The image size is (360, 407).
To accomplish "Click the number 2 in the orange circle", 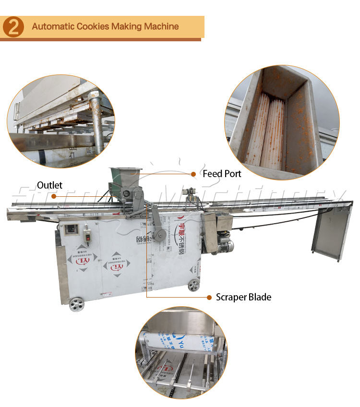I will point(13,27).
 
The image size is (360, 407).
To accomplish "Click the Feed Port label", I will point(222,174).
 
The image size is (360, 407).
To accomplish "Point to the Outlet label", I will point(49,185).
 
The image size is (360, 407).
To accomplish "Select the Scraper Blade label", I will point(243,297).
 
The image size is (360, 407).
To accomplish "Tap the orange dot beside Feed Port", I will point(194,174).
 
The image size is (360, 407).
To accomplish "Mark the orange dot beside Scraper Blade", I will point(209,298).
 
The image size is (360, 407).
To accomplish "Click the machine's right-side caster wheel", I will point(193,285).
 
